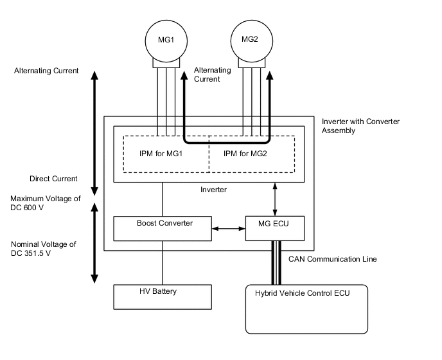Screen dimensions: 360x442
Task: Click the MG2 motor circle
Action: pyautogui.click(x=250, y=40)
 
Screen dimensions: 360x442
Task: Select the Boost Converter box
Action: pyautogui.click(x=162, y=228)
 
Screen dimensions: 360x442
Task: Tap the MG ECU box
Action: pyautogui.click(x=274, y=228)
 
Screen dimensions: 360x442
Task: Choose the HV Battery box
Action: pyautogui.click(x=162, y=296)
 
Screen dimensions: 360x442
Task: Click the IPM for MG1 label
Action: pyautogui.click(x=161, y=153)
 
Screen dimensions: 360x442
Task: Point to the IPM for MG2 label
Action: pyautogui.click(x=245, y=153)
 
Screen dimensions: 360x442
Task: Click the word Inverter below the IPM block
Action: pyautogui.click(x=213, y=190)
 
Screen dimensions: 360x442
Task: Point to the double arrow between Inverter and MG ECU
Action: pyautogui.click(x=276, y=199)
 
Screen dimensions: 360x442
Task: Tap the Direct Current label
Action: pyautogui.click(x=53, y=179)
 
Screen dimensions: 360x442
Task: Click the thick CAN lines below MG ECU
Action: pyautogui.click(x=276, y=262)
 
